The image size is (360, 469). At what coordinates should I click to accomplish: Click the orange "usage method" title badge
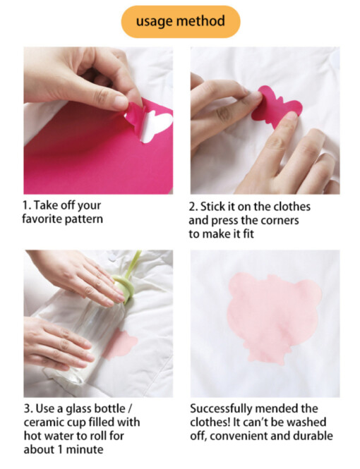[181, 22]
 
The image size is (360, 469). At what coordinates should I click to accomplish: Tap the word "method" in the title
[200, 21]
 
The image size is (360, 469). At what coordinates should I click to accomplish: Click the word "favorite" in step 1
[42, 219]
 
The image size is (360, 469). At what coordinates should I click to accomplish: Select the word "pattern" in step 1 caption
[84, 219]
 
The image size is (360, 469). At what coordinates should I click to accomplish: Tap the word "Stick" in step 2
[212, 207]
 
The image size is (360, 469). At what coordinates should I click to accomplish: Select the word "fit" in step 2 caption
[248, 233]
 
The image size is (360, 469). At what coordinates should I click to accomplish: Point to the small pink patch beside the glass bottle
[121, 344]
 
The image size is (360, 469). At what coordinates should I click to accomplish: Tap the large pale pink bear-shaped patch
[274, 317]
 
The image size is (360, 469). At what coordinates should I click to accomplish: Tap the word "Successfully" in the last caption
[222, 409]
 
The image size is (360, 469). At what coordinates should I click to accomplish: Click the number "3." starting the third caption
[28, 408]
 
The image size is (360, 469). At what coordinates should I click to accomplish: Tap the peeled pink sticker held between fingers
[136, 115]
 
